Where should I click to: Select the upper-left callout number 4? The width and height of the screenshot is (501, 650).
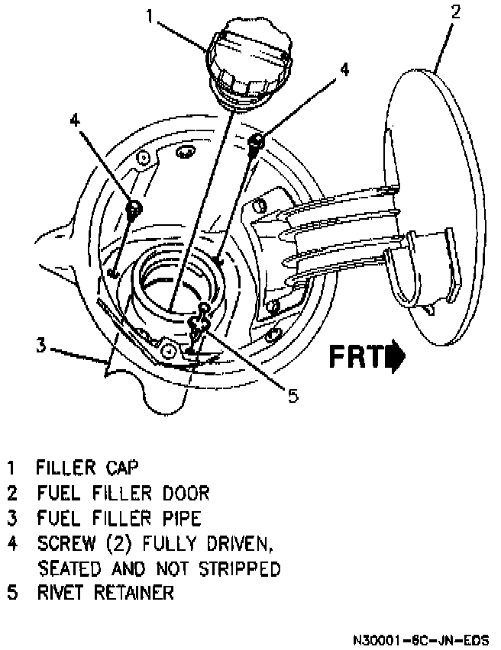point(74,120)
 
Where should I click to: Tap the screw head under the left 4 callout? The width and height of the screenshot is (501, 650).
point(134,207)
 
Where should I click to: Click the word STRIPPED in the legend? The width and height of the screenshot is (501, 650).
point(238,568)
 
